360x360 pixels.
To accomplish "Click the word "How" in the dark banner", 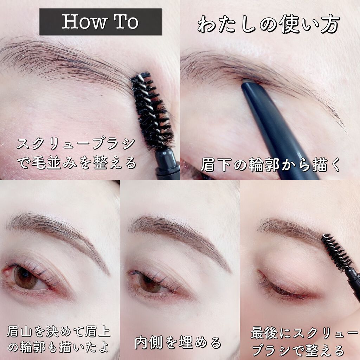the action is pos(84,22).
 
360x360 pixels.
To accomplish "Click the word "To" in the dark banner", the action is pos(127,22).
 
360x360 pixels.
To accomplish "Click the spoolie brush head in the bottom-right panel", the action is pos(336,252).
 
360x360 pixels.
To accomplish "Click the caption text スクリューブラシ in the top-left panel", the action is pos(76,144).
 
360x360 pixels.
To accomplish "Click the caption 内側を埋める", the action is pos(178,342).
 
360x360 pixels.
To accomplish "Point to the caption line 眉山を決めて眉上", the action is pos(59,332).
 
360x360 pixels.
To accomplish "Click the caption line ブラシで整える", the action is pos(298,351).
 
